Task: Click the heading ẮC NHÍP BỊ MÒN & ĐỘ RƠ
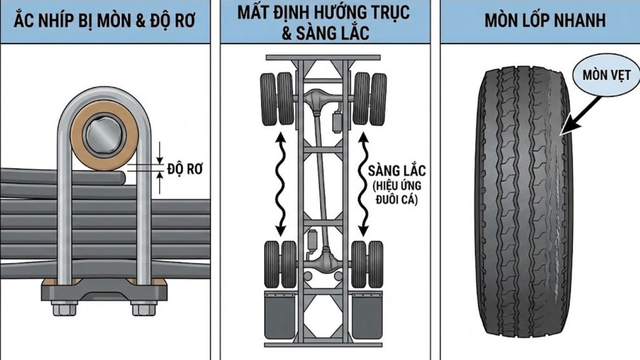105,21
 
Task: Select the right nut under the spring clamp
141,307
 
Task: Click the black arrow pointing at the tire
576,115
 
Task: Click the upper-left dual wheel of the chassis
277,99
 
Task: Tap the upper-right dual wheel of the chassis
369,99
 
